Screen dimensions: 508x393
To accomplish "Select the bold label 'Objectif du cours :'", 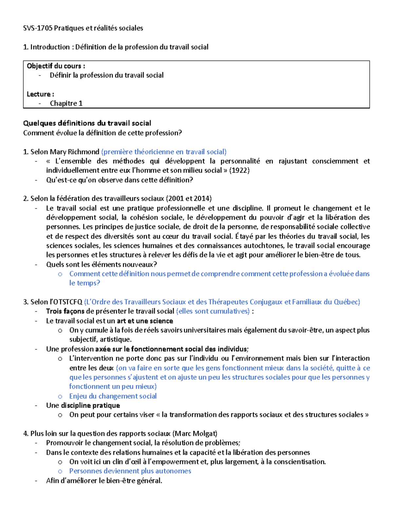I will [56, 66].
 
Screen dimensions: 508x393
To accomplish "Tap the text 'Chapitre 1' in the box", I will [66, 103].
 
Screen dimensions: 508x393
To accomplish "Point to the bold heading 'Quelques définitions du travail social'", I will [87, 123].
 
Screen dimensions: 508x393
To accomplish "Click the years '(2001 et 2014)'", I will [189, 199].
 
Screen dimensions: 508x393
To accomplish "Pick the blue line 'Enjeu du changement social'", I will [113, 396].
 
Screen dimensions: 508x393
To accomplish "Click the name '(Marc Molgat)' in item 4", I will [195, 434].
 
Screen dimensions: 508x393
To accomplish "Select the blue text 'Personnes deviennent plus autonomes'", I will [130, 471].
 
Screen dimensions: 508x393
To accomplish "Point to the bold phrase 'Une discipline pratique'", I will [83, 406].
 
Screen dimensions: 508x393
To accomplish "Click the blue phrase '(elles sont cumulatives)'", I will [213, 311].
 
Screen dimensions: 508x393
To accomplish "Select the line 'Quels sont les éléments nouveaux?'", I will [102, 264].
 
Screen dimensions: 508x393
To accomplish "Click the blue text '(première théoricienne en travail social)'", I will [164, 152].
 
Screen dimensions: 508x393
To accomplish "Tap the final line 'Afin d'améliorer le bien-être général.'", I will [104, 481].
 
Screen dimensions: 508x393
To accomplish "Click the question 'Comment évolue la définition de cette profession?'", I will [102, 133].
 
